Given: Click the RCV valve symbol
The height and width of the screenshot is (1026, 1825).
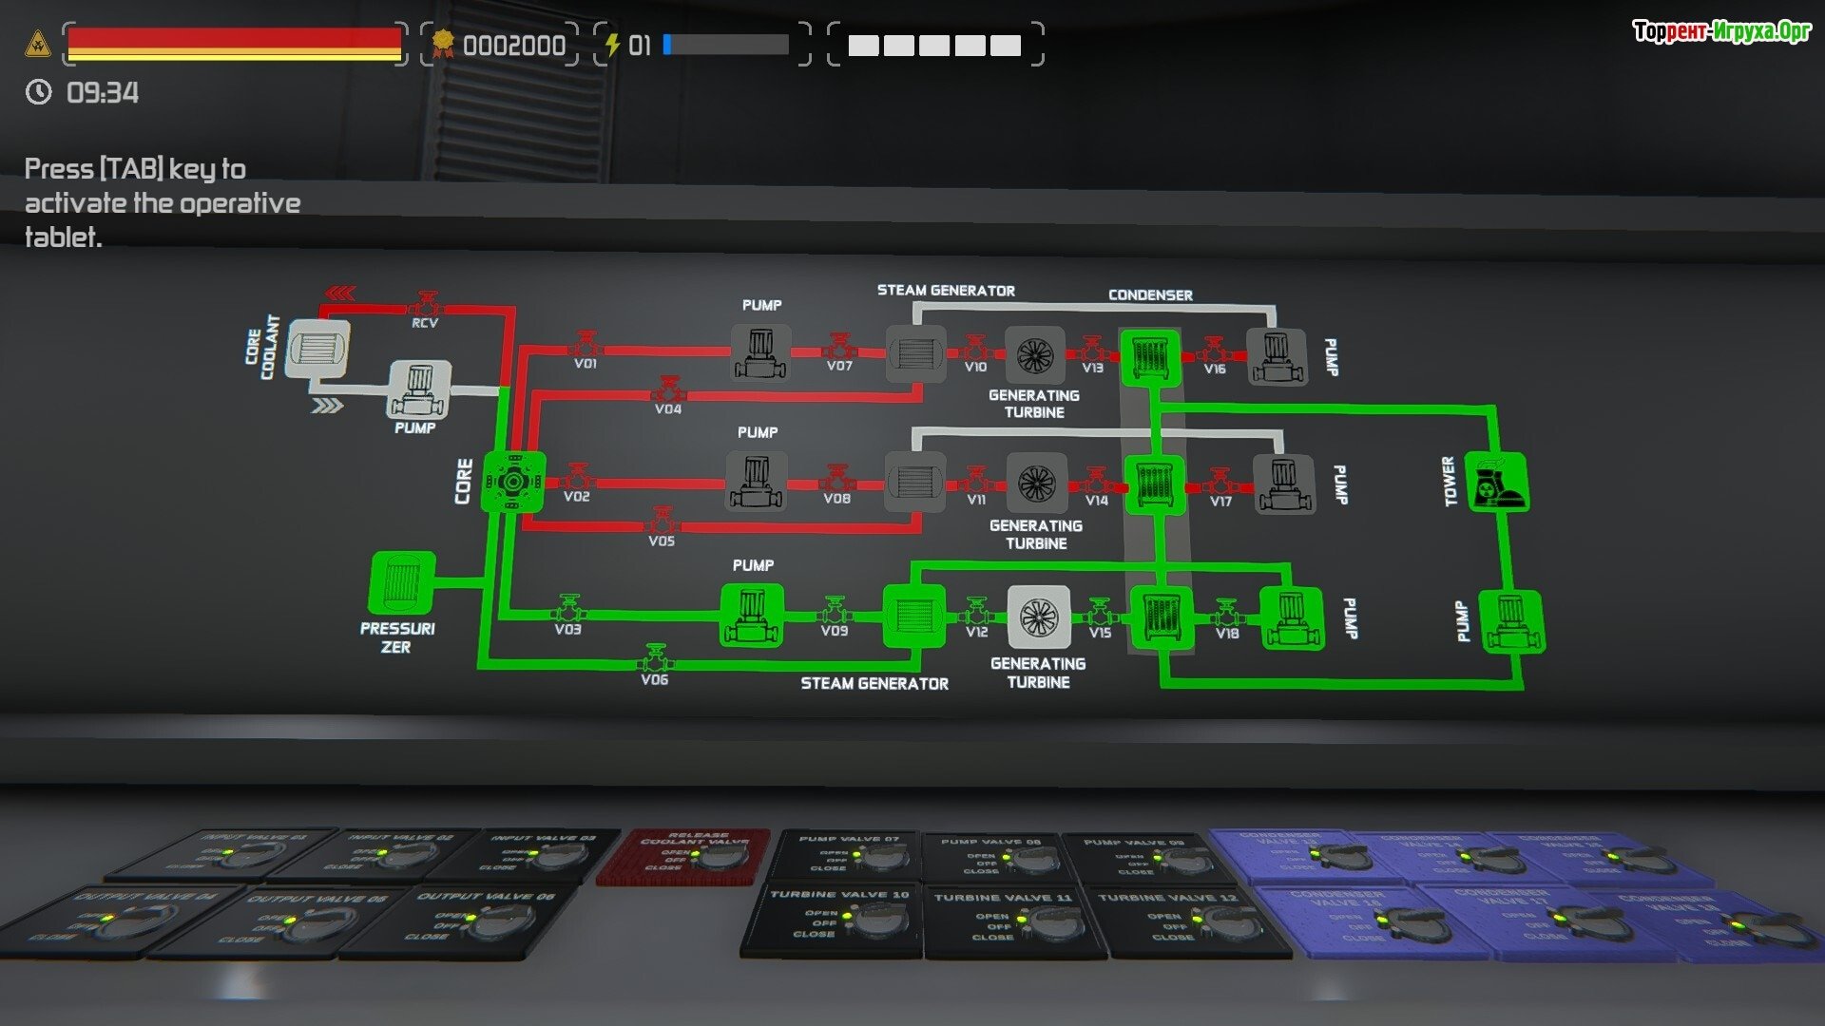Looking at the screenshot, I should pos(425,306).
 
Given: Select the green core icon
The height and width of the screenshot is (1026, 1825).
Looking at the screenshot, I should pos(513,482).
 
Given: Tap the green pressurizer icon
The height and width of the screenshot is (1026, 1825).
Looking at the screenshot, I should pos(401,583).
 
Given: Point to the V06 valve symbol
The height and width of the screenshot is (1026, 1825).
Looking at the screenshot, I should pos(654,658).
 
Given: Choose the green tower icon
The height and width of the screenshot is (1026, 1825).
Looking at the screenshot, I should pos(1496,483).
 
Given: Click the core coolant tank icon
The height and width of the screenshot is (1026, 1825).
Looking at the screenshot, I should pos(317,348).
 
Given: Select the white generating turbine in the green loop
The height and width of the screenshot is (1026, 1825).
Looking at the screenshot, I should pos(1038,617).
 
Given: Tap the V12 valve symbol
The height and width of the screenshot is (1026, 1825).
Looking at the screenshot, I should pos(976,613).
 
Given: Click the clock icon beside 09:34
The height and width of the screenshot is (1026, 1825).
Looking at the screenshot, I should pos(38,92).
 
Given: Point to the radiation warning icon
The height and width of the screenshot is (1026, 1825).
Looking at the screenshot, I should pos(38,44).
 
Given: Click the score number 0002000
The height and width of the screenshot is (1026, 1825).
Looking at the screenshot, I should pos(513,46).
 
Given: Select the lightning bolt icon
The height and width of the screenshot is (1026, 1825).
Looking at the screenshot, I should pos(613,45).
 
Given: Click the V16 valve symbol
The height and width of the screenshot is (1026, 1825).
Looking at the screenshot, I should pos(1214,351).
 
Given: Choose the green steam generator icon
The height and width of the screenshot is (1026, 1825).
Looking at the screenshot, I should pos(913,617).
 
